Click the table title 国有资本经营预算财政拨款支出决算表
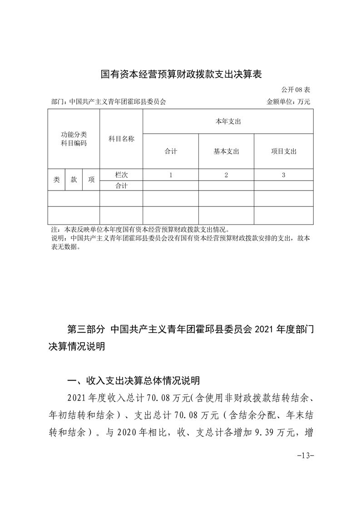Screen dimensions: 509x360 181,73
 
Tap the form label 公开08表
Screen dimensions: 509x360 296,90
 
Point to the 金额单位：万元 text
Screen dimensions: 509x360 288,102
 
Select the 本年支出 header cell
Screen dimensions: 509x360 228,122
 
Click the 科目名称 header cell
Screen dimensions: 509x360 121,139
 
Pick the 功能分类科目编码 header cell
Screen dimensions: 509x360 74,139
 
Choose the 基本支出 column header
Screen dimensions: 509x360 226,152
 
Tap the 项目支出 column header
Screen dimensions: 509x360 283,152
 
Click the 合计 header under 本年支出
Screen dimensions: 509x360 171,152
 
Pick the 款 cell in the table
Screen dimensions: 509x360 74,180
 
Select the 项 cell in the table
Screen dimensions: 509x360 91,180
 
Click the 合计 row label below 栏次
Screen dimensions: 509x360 121,186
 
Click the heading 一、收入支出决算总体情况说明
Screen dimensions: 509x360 133,380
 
